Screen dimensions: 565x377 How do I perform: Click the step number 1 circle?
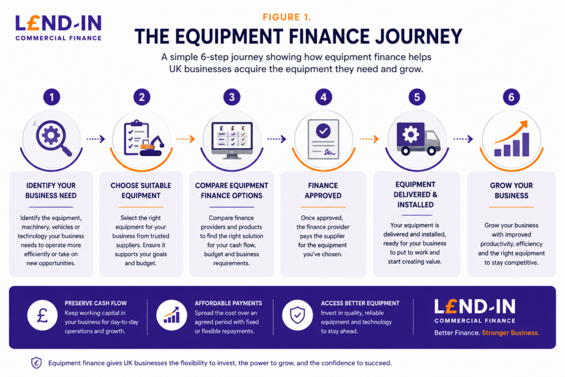pyautogui.click(x=51, y=97)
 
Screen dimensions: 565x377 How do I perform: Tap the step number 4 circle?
pyautogui.click(x=323, y=97)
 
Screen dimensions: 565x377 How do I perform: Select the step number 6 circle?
pyautogui.click(x=511, y=97)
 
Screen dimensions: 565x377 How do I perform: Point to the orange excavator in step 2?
pyautogui.click(x=151, y=146)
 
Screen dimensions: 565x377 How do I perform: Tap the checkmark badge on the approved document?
pyautogui.click(x=323, y=131)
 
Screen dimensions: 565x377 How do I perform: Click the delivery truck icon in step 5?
pyautogui.click(x=418, y=139)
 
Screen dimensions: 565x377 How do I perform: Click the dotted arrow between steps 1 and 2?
pyautogui.click(x=96, y=139)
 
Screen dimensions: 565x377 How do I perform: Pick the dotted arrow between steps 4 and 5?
pyautogui.click(x=369, y=139)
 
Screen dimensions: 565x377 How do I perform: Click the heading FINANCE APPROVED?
pyautogui.click(x=323, y=190)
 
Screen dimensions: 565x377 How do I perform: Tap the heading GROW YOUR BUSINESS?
pyautogui.click(x=511, y=190)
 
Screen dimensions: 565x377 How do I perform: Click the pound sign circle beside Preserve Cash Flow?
pyautogui.click(x=42, y=315)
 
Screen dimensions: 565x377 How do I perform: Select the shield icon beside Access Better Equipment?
pyautogui.click(x=297, y=315)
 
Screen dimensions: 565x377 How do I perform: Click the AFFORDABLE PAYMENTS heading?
pyautogui.click(x=228, y=304)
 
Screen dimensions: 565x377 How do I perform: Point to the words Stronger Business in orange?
pyautogui.click(x=510, y=333)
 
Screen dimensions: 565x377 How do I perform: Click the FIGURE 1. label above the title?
pyautogui.click(x=286, y=17)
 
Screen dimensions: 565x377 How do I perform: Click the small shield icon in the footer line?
pyautogui.click(x=36, y=363)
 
